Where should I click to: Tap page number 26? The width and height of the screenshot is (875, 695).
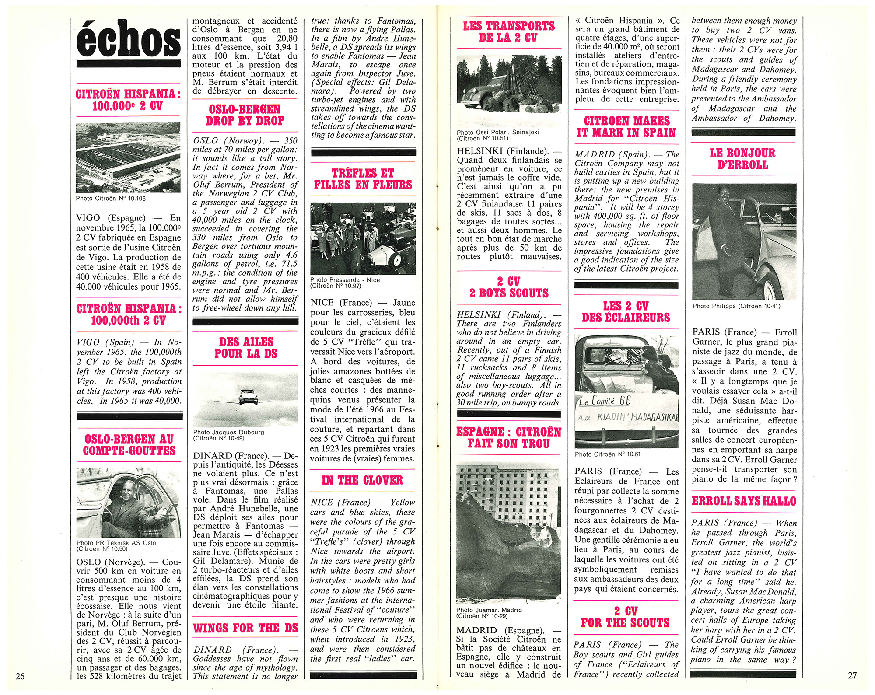[20, 676]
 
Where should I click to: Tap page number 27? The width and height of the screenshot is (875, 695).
[852, 675]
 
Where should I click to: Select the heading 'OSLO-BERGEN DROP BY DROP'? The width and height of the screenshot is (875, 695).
[245, 115]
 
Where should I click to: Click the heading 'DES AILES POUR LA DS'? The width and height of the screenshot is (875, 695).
[246, 348]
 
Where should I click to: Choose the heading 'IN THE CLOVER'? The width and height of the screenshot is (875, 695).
[362, 480]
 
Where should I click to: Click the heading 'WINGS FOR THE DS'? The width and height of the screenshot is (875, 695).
[245, 628]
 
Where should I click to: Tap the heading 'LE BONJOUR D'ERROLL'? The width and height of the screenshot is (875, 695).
[742, 159]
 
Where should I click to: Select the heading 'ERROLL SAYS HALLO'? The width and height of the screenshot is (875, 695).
[744, 501]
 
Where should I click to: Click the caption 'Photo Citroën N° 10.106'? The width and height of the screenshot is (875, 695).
[111, 199]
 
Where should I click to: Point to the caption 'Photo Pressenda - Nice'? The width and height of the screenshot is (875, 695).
[345, 280]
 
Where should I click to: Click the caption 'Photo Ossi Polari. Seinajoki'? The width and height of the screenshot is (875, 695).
[498, 132]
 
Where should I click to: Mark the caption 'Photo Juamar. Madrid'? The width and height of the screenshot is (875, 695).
[489, 610]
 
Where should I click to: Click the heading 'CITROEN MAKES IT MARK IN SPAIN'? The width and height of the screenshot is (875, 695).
[626, 126]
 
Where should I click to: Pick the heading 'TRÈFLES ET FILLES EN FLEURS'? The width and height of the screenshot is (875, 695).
[363, 179]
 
